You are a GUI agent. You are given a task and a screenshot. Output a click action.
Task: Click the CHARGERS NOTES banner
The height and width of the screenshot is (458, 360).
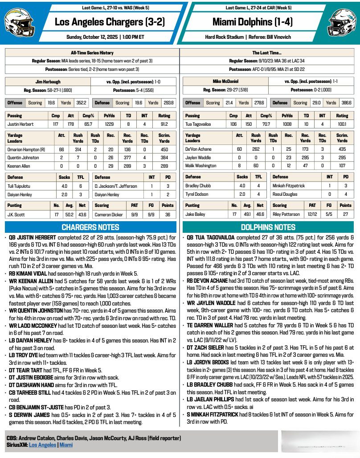90,227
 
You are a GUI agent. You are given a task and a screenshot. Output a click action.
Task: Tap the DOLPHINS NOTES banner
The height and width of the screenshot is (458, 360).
268,227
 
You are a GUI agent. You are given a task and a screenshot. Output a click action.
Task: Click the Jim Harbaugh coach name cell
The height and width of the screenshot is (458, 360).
47,82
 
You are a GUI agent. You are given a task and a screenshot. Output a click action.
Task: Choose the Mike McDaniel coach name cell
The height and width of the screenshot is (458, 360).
225,82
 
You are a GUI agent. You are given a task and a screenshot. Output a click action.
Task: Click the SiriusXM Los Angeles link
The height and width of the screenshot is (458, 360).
42,445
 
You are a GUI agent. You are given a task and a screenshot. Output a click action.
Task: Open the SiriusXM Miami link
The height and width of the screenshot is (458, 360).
65,445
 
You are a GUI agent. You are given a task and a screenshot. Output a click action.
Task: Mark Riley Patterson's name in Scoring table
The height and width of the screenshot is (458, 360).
286,214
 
